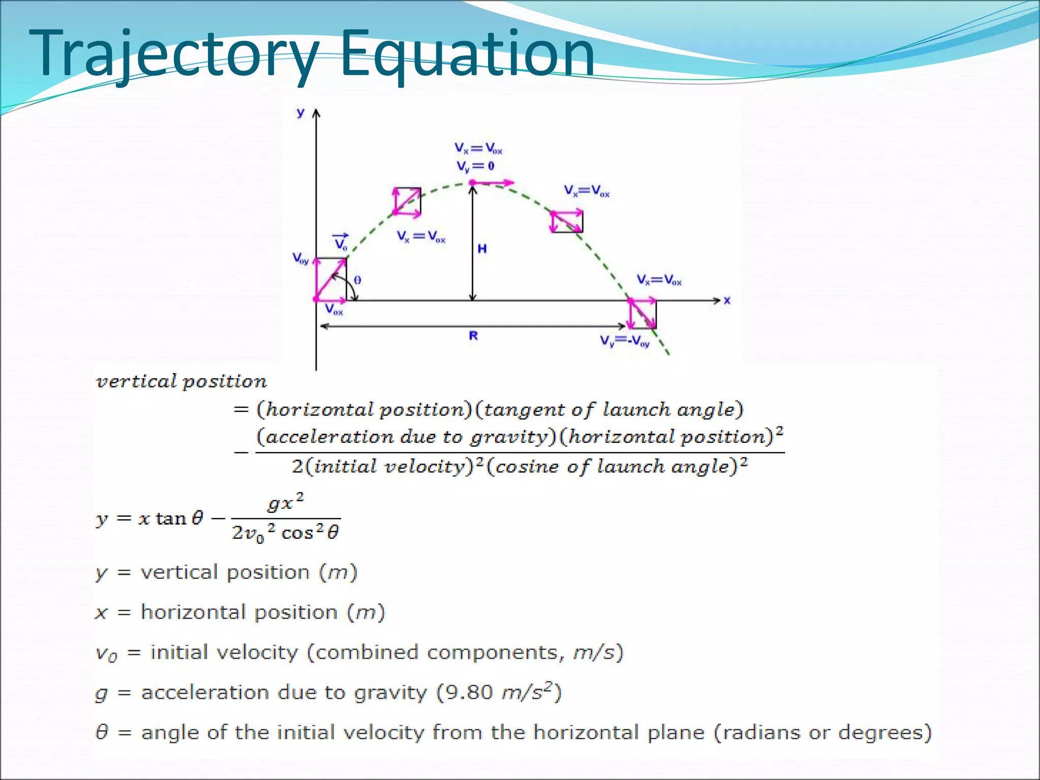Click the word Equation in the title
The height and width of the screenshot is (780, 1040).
pos(467,55)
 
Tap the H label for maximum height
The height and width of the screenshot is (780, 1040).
pos(482,248)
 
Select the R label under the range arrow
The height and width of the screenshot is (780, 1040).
pos(473,336)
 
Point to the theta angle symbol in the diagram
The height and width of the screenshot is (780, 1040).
pos(357,280)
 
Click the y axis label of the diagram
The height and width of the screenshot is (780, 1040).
pos(301,113)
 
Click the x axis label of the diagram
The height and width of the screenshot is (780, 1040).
pos(727,301)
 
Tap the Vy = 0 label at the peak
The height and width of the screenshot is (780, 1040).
pos(475,166)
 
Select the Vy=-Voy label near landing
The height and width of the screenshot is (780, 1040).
pos(625,341)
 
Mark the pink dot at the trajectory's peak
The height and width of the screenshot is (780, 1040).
pos(472,182)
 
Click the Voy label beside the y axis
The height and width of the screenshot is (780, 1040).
pos(301,259)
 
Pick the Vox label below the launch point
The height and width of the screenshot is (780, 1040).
pos(334,309)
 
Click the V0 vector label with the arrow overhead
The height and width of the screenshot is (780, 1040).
pos(341,243)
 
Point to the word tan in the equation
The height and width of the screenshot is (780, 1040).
pos(171,518)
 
